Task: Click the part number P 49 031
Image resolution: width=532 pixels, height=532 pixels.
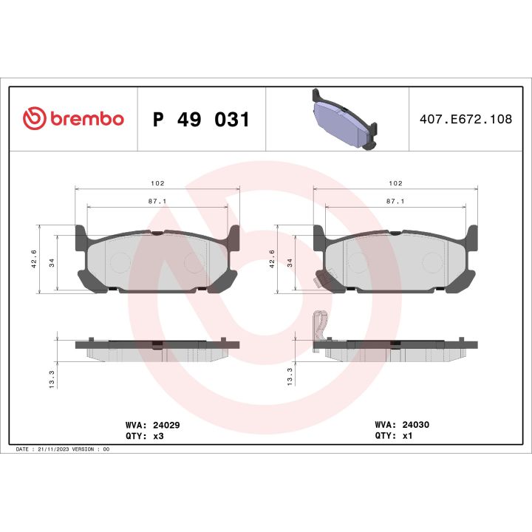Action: coord(201,120)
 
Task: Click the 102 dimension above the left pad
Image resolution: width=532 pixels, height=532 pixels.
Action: coord(157,183)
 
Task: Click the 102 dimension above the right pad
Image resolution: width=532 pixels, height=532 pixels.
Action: coord(395,183)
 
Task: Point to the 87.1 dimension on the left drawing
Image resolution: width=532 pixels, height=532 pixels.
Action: coord(157,200)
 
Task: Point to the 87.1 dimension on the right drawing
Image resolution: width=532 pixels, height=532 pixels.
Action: coord(395,200)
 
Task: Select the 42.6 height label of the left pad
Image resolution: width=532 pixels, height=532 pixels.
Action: coord(34,260)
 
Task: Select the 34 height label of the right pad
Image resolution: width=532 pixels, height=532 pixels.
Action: coord(290,262)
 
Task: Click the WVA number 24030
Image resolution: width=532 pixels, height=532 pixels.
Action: coord(414,426)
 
